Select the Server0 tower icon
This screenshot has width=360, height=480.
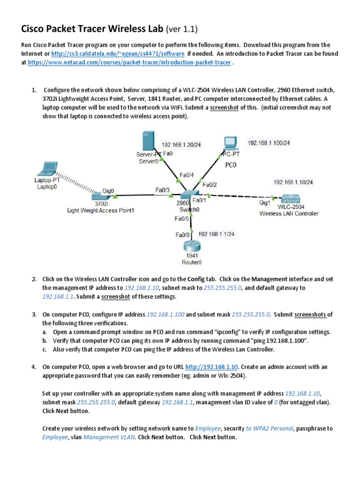pos(149,141)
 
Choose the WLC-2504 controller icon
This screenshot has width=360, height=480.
pos(289,199)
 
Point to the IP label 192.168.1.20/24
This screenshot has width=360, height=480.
pos(181,145)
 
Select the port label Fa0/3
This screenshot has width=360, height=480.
pos(163,190)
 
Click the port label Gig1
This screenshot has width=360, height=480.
pos(265,202)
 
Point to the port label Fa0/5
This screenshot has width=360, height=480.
pos(182,218)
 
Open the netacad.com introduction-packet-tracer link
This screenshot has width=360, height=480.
pos(129,62)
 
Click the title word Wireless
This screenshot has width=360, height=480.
pos(133,30)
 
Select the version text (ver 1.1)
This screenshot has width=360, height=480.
pos(180,30)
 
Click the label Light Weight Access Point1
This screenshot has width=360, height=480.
pos(100,210)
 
